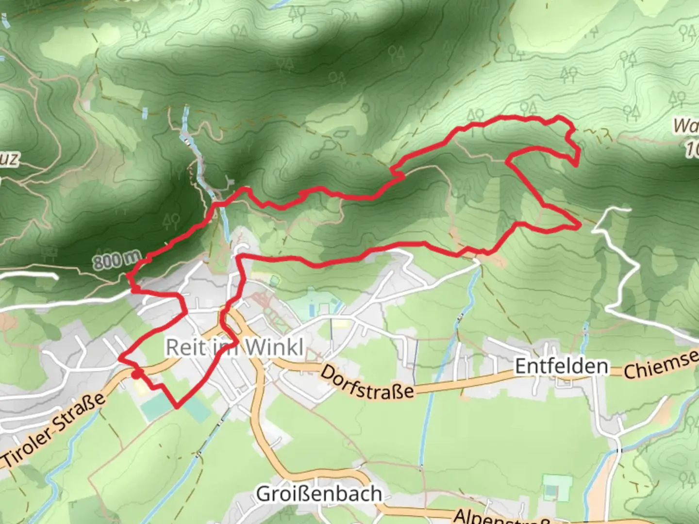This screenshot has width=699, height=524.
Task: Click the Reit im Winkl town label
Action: point(234,347)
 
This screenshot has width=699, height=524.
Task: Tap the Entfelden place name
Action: point(561,366)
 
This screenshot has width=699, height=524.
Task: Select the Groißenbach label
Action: point(318,494)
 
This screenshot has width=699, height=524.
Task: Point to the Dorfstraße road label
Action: point(367,382)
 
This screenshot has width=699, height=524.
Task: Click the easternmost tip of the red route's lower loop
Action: point(580,226)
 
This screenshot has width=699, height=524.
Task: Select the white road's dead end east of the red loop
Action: point(629,210)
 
